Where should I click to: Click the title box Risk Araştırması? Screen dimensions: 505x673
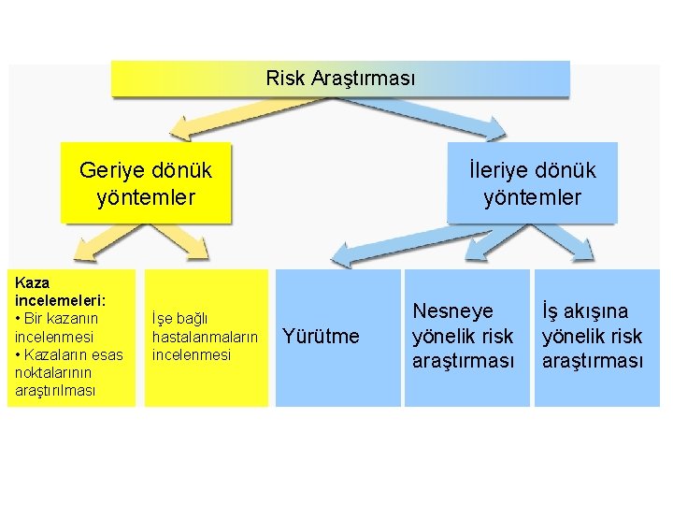(x=340, y=79)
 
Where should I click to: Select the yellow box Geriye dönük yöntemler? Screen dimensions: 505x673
(x=145, y=183)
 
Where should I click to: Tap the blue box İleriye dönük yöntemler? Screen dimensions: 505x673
(x=532, y=183)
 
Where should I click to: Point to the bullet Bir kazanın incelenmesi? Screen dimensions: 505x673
(x=55, y=327)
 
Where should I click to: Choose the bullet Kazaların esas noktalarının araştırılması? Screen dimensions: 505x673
(x=67, y=372)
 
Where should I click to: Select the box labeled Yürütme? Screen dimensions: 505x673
(x=321, y=337)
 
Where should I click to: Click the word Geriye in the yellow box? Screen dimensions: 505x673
(x=108, y=170)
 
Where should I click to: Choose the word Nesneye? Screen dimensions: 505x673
(x=452, y=310)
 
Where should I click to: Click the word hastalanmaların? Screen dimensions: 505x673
(x=204, y=337)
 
